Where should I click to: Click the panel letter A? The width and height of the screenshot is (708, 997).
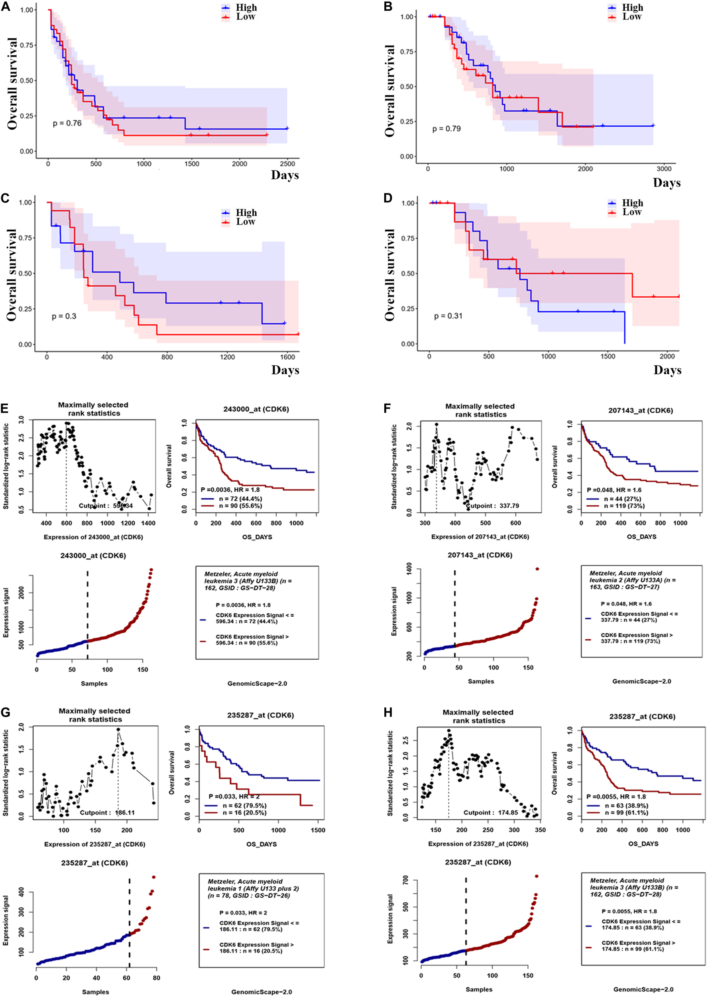(x=6, y=6)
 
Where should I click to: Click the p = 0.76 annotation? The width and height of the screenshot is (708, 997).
(x=67, y=123)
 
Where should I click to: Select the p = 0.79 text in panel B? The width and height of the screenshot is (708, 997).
(x=446, y=129)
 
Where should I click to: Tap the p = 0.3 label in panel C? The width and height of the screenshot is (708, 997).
(x=64, y=316)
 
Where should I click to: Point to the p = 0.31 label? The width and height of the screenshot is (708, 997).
(x=448, y=316)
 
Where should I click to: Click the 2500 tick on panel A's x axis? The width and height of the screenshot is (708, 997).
(x=287, y=164)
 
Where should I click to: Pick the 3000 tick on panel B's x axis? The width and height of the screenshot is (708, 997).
(x=664, y=169)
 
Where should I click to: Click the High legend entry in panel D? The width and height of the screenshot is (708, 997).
(x=632, y=203)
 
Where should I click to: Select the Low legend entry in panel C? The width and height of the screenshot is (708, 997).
(x=246, y=222)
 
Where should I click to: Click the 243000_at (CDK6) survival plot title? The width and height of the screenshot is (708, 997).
(x=256, y=409)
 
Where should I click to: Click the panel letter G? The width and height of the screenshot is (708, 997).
(x=6, y=713)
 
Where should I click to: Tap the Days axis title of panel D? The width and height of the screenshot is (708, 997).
(x=667, y=370)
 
